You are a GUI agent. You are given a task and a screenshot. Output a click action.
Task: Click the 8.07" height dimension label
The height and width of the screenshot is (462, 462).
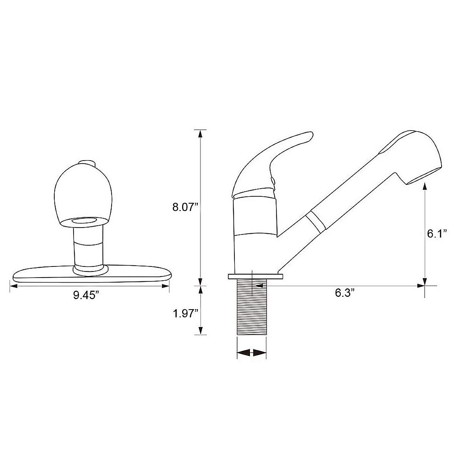[x=185, y=208]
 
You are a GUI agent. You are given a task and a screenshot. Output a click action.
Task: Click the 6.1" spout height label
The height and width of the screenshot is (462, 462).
[x=437, y=234]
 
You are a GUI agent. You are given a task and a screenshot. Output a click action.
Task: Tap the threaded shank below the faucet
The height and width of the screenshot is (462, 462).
[x=251, y=308]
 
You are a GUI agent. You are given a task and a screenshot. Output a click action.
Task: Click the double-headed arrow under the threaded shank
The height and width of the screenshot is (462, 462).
[x=251, y=352]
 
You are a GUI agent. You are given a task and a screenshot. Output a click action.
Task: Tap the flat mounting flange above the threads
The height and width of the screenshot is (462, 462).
[x=256, y=276]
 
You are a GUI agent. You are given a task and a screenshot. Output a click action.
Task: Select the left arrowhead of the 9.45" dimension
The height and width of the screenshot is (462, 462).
[x=13, y=286]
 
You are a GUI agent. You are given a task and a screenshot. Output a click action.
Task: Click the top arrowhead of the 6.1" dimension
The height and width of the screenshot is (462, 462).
[x=425, y=186]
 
